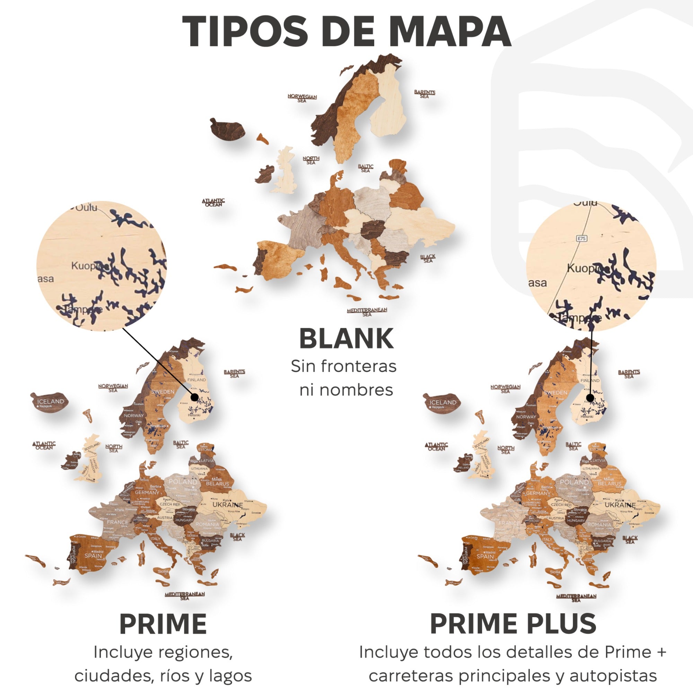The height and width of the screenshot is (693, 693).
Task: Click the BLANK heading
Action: [x=346, y=339]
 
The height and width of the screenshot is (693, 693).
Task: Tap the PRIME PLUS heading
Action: [x=513, y=624]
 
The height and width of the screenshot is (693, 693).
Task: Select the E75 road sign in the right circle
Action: [x=581, y=238]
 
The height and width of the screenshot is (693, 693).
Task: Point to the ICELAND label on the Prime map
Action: [x=51, y=401]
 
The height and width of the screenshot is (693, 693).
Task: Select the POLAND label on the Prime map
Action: [x=183, y=482]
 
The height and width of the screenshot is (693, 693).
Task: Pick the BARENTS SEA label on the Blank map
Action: [x=424, y=94]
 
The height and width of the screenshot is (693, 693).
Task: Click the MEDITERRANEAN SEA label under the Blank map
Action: [x=367, y=312]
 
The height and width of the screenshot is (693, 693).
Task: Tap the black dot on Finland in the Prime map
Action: [x=194, y=397]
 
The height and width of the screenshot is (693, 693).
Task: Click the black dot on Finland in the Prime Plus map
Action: [x=590, y=398]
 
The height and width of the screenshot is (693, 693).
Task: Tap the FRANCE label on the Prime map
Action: [x=117, y=522]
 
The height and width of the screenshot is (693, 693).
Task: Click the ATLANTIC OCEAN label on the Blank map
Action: [x=213, y=203]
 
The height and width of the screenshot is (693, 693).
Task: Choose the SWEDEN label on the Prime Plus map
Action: [x=555, y=393]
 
